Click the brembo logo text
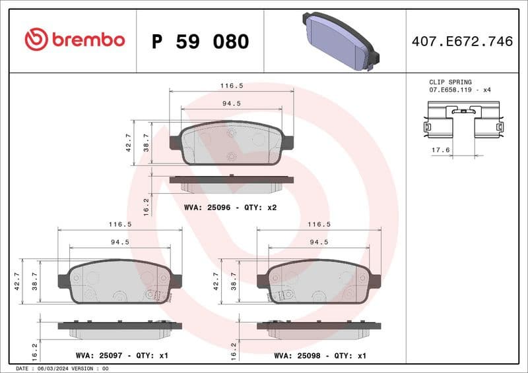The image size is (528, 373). (x=87, y=40)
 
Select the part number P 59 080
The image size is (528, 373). (x=200, y=42)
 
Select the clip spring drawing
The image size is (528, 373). (x=462, y=122)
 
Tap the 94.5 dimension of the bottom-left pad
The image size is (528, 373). (x=119, y=242)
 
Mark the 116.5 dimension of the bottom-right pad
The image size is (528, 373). (x=319, y=224)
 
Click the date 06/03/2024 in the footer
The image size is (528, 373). (x=58, y=368)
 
